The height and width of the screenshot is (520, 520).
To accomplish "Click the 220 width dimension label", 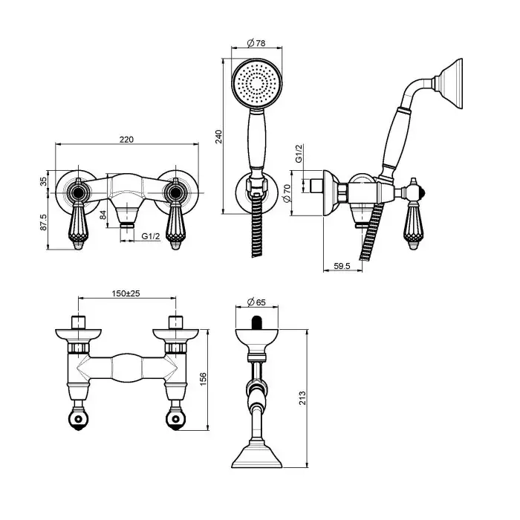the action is click(x=126, y=140).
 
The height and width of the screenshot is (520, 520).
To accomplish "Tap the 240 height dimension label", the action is click(x=219, y=137).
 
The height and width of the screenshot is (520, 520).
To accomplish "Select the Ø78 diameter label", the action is click(x=256, y=43).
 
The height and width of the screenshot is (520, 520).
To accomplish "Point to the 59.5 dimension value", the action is click(x=342, y=266).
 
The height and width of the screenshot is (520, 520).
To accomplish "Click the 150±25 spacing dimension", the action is click(x=126, y=293).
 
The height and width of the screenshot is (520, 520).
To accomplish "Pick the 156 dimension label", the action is click(x=203, y=379).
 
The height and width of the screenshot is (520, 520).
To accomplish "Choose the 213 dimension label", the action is click(x=302, y=398).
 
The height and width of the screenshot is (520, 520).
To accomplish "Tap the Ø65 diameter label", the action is click(x=256, y=302).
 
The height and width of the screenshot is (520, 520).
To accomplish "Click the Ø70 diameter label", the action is click(x=287, y=193).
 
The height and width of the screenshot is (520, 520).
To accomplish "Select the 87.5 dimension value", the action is click(x=43, y=222).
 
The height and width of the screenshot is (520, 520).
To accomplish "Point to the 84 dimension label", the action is click(x=103, y=215).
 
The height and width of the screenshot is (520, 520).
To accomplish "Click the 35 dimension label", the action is click(x=43, y=182).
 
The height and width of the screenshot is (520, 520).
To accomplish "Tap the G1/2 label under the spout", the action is click(x=151, y=236).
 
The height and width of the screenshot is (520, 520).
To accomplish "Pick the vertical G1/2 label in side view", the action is click(x=299, y=154).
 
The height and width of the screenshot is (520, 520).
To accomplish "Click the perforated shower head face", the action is click(x=257, y=84).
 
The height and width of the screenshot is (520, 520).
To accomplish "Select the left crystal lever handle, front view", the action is click(x=78, y=226).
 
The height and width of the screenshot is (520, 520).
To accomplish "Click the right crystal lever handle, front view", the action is click(x=175, y=226).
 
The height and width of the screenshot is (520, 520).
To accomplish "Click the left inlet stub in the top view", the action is click(x=78, y=322).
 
